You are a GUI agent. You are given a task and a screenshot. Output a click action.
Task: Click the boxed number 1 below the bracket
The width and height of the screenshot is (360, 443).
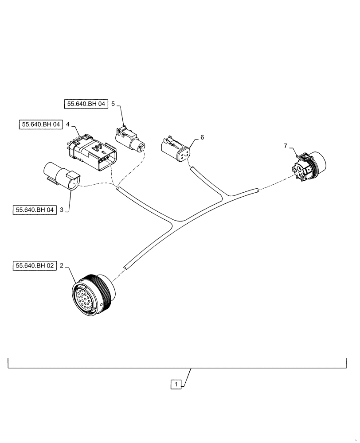click(x=176, y=384)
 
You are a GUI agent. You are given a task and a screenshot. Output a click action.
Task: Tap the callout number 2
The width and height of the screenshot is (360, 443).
click(x=62, y=266)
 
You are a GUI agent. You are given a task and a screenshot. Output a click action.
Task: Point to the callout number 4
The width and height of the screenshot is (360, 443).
click(x=68, y=124)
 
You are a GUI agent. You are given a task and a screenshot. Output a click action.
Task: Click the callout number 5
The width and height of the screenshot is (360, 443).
click(x=113, y=104)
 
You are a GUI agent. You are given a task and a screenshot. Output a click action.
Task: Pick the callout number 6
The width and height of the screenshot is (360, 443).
click(x=202, y=137)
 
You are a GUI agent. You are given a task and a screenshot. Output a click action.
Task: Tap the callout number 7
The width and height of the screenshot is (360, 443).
click(x=286, y=145)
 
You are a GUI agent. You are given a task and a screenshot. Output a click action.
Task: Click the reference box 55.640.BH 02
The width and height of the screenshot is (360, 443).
click(x=35, y=266)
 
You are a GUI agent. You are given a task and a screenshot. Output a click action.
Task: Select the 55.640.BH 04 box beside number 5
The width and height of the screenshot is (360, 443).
click(x=84, y=104)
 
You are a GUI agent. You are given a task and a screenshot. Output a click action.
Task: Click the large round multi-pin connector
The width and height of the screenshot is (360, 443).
click(x=92, y=295)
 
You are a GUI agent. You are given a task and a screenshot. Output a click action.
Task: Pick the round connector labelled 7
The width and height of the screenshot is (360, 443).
click(x=310, y=167)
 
